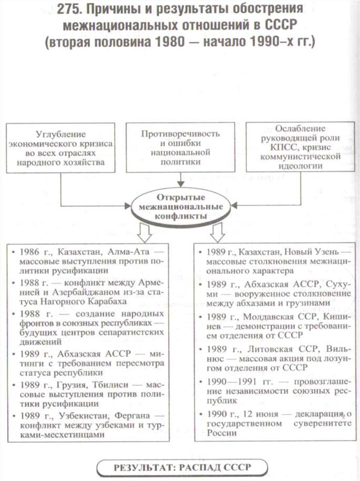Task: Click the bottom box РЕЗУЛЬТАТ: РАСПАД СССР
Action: pyautogui.click(x=181, y=467)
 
